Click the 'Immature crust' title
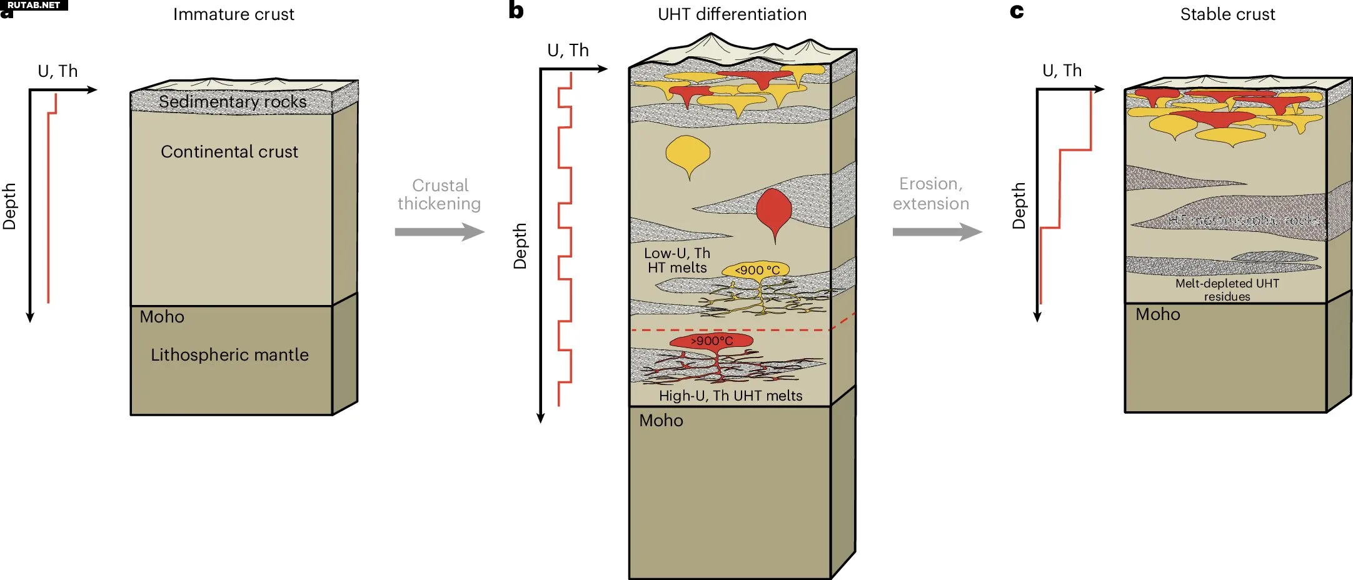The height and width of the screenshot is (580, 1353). click(x=233, y=14)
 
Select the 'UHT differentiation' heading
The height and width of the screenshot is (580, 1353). click(x=732, y=14)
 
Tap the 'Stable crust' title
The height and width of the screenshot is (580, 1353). click(x=1227, y=14)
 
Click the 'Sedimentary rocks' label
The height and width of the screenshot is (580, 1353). click(x=233, y=102)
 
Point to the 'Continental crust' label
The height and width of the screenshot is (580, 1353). click(x=229, y=152)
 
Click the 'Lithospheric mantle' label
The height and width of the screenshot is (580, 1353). click(x=229, y=355)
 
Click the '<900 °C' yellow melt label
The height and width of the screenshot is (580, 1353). click(x=757, y=270)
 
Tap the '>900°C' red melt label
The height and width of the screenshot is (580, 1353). click(x=712, y=341)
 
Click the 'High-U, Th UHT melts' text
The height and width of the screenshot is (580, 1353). click(x=730, y=396)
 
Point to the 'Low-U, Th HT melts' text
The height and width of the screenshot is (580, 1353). click(x=677, y=261)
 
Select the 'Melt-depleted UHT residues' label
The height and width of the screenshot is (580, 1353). click(x=1227, y=290)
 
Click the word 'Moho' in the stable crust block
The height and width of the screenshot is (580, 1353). click(x=1158, y=314)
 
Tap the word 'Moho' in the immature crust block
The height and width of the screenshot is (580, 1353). click(x=162, y=317)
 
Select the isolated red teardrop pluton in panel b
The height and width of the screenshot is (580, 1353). click(x=774, y=211)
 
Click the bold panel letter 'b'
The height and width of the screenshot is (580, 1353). click(x=516, y=11)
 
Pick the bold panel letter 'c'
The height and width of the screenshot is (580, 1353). click(x=1017, y=11)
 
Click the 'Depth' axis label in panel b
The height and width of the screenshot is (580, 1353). click(x=520, y=246)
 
